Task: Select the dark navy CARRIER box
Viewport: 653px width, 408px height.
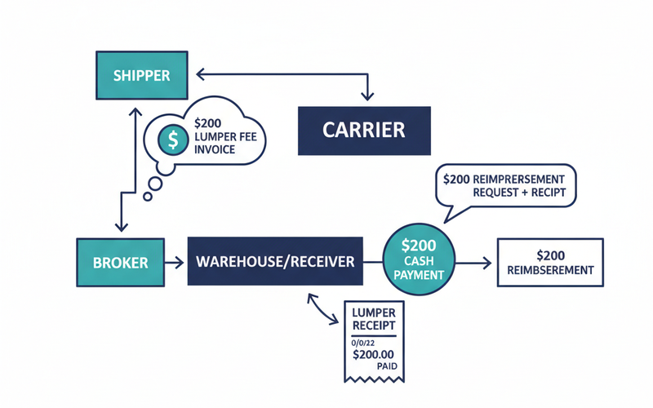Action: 364,130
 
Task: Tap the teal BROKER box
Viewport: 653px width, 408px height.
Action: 120,263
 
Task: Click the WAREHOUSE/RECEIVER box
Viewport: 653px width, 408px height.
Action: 274,262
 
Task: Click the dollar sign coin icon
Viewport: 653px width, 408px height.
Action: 173,140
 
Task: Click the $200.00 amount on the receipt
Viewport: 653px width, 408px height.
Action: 372,354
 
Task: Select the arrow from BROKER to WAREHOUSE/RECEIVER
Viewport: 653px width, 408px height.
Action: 175,263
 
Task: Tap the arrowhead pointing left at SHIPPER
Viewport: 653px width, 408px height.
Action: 196,74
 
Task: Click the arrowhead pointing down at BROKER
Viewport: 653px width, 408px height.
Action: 121,228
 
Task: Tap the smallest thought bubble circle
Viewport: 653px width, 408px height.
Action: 147,196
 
